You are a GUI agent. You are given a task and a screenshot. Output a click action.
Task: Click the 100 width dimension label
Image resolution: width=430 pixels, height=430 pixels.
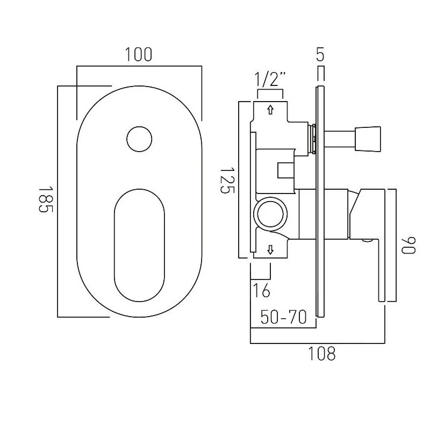coord(139,55)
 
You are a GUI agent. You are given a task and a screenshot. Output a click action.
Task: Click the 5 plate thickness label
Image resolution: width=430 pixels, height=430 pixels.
coord(320,54)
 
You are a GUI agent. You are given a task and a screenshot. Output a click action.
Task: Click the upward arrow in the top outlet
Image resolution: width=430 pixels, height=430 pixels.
coord(270,110)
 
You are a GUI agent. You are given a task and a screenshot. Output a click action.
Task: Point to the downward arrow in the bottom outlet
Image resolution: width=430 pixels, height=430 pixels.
coord(270,250)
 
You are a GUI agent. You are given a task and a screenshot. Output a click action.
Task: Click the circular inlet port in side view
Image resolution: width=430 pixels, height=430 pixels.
coord(271,214)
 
